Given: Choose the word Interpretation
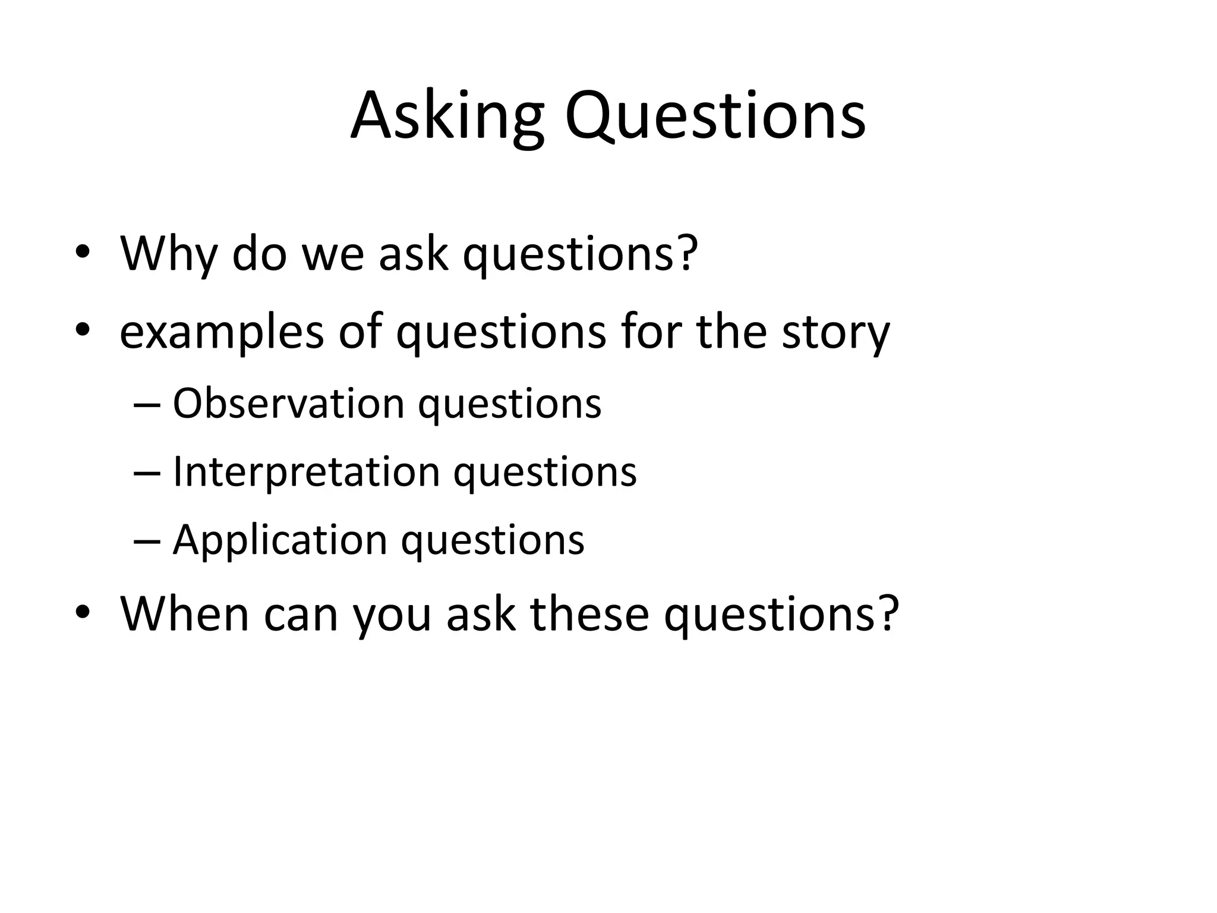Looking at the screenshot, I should (x=305, y=472).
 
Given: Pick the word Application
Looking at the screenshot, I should (x=280, y=540).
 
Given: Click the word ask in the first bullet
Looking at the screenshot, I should (x=413, y=254).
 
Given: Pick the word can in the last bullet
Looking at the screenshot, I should (x=301, y=615).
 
